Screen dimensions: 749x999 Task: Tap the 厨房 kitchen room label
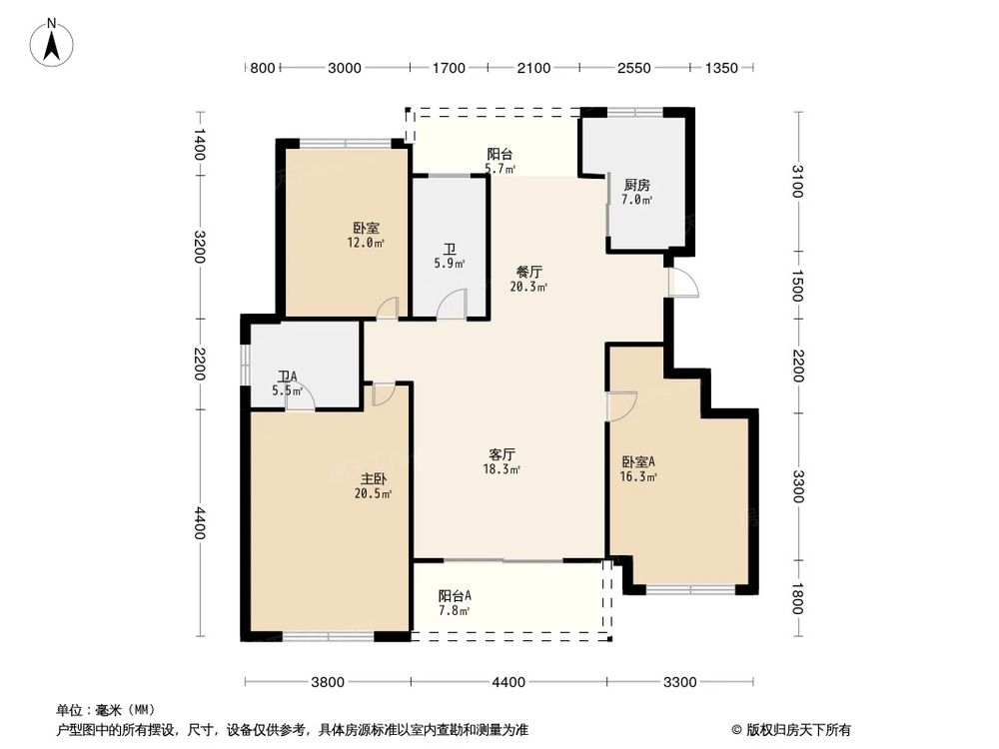click(x=637, y=185)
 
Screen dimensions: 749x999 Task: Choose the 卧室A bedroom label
click(x=638, y=461)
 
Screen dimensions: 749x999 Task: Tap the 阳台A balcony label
click(x=454, y=596)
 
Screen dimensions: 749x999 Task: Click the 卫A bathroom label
click(x=287, y=376)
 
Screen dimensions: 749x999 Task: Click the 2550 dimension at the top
click(x=634, y=68)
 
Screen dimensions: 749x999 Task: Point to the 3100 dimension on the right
click(x=797, y=182)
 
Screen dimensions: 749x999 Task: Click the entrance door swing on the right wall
click(x=683, y=283)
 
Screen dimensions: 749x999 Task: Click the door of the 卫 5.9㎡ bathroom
click(x=455, y=304)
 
